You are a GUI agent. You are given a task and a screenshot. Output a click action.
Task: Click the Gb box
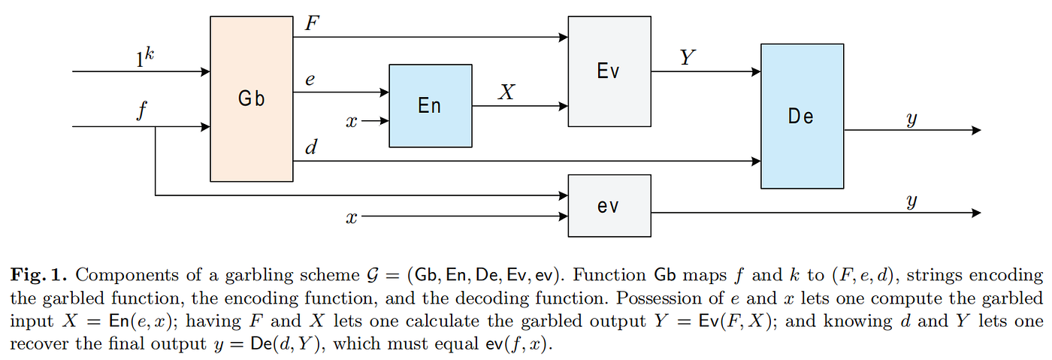[x=252, y=98]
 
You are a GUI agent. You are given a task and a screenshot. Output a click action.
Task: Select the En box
[x=431, y=106]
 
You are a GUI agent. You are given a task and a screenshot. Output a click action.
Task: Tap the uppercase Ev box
[x=609, y=71]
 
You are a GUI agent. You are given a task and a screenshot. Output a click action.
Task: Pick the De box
[x=803, y=116]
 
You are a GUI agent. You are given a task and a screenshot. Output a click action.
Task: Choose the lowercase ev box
[x=609, y=206]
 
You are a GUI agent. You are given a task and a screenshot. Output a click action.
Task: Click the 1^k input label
[x=144, y=57]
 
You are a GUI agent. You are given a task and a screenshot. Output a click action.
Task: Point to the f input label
[x=142, y=111]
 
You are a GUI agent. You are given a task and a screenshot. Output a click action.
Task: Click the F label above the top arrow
[x=312, y=23]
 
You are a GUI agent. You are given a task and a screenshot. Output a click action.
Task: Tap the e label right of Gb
[x=310, y=80]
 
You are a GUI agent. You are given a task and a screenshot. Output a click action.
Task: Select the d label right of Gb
[x=311, y=147]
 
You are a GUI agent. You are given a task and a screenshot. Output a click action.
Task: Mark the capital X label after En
[x=506, y=92]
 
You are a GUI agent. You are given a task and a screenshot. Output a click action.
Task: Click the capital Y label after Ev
[x=687, y=57]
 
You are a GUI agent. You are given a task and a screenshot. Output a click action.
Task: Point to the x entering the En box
[x=352, y=122]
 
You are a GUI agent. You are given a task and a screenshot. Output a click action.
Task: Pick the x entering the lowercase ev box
[x=352, y=218]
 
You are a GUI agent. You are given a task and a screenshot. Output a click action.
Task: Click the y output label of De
[x=911, y=119]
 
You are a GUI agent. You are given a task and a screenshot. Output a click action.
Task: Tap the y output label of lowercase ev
[x=911, y=201]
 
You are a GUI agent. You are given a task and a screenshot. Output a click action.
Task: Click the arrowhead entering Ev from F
[x=563, y=37]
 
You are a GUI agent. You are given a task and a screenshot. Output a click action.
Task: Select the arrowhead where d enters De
[x=756, y=161]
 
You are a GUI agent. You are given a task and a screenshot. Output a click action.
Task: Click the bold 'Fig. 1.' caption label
[x=39, y=275]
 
